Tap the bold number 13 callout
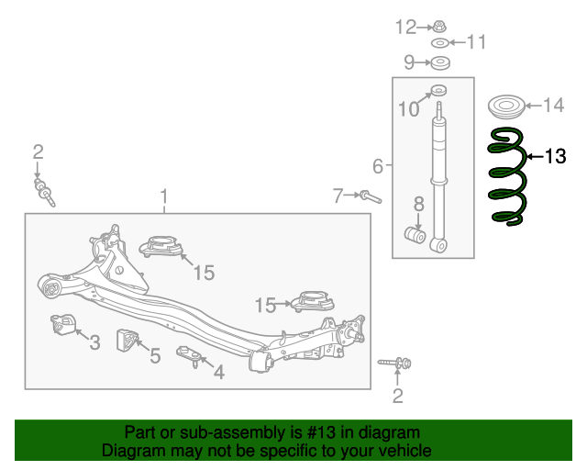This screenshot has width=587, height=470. [x=555, y=156]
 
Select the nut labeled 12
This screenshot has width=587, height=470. [x=439, y=27]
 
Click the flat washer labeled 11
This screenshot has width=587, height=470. [x=440, y=43]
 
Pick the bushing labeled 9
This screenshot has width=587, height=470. [x=440, y=63]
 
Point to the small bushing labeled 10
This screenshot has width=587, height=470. [x=438, y=90]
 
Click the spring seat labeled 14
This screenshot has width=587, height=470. [x=506, y=106]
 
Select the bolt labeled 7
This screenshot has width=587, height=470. [x=371, y=196]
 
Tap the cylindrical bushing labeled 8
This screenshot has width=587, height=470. [x=415, y=235]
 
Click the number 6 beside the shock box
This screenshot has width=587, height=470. [x=378, y=166]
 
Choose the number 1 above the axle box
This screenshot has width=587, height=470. [x=163, y=196]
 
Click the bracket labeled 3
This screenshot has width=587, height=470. [x=63, y=325]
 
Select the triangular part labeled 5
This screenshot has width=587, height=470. [x=127, y=341]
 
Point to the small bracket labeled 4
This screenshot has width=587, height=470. [x=190, y=356]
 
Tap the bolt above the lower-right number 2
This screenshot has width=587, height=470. [x=394, y=363]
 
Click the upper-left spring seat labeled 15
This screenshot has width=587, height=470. [x=161, y=247]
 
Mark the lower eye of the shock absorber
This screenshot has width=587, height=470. [x=438, y=245]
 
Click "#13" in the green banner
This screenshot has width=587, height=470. [x=321, y=432]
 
